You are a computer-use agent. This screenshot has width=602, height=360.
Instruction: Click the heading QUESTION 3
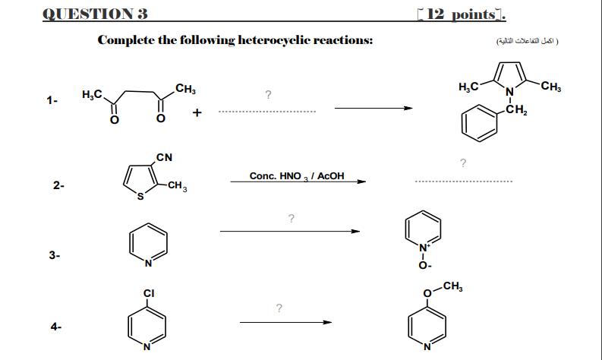click(96, 14)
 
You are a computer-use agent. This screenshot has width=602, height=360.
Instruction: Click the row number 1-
click(51, 99)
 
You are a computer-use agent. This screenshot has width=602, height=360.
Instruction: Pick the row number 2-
click(58, 185)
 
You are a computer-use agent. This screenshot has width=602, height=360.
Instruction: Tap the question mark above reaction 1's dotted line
click(268, 95)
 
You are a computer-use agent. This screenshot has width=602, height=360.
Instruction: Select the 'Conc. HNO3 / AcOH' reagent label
click(297, 176)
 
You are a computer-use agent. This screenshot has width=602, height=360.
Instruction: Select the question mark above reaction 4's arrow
click(280, 308)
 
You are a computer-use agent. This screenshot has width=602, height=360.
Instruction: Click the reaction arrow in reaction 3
click(289, 232)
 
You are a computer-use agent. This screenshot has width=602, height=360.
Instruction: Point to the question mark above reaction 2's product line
click(463, 162)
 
